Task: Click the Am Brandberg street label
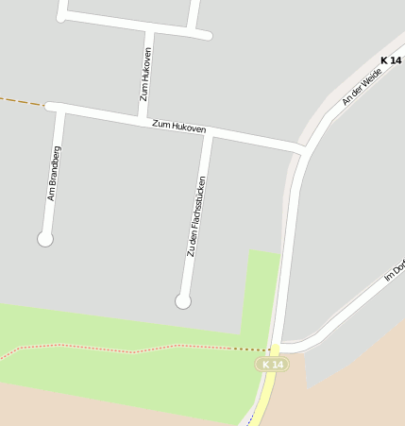[54, 173]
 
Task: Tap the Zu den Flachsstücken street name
[196, 216]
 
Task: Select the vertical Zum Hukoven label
[145, 74]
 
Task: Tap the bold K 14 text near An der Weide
[390, 60]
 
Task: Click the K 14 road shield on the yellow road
[272, 364]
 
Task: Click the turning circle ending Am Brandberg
[44, 239]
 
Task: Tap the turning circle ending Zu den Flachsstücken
[183, 301]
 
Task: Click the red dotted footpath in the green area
[132, 350]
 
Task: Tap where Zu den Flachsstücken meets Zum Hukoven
[209, 133]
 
